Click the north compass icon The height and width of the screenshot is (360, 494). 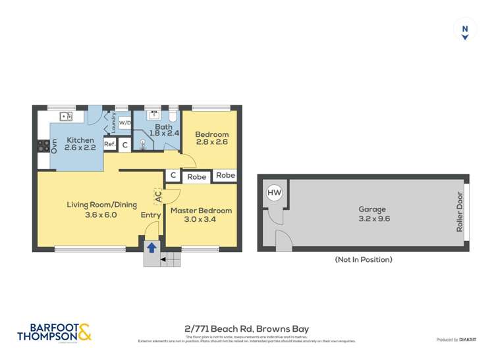(x=465, y=30)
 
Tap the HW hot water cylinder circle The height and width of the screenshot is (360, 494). (x=274, y=193)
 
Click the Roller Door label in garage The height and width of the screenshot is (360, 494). (x=460, y=212)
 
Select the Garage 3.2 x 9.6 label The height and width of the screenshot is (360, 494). (x=373, y=214)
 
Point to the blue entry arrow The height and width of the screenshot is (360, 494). (x=151, y=248)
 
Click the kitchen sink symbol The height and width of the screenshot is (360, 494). (x=66, y=116)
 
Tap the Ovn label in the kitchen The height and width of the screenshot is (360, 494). (x=55, y=146)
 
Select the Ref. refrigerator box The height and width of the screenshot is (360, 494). (x=109, y=144)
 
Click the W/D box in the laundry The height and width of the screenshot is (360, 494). (x=124, y=123)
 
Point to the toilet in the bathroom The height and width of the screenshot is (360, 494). (x=172, y=117)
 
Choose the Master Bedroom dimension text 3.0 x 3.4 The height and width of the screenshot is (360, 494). (x=201, y=219)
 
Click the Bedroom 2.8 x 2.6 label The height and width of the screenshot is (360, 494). (x=211, y=139)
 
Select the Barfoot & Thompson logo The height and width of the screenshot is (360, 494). (x=54, y=332)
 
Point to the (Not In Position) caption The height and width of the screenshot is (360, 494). (x=363, y=259)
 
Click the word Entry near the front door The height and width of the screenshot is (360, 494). (x=150, y=215)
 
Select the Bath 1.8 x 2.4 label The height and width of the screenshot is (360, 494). (x=162, y=130)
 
